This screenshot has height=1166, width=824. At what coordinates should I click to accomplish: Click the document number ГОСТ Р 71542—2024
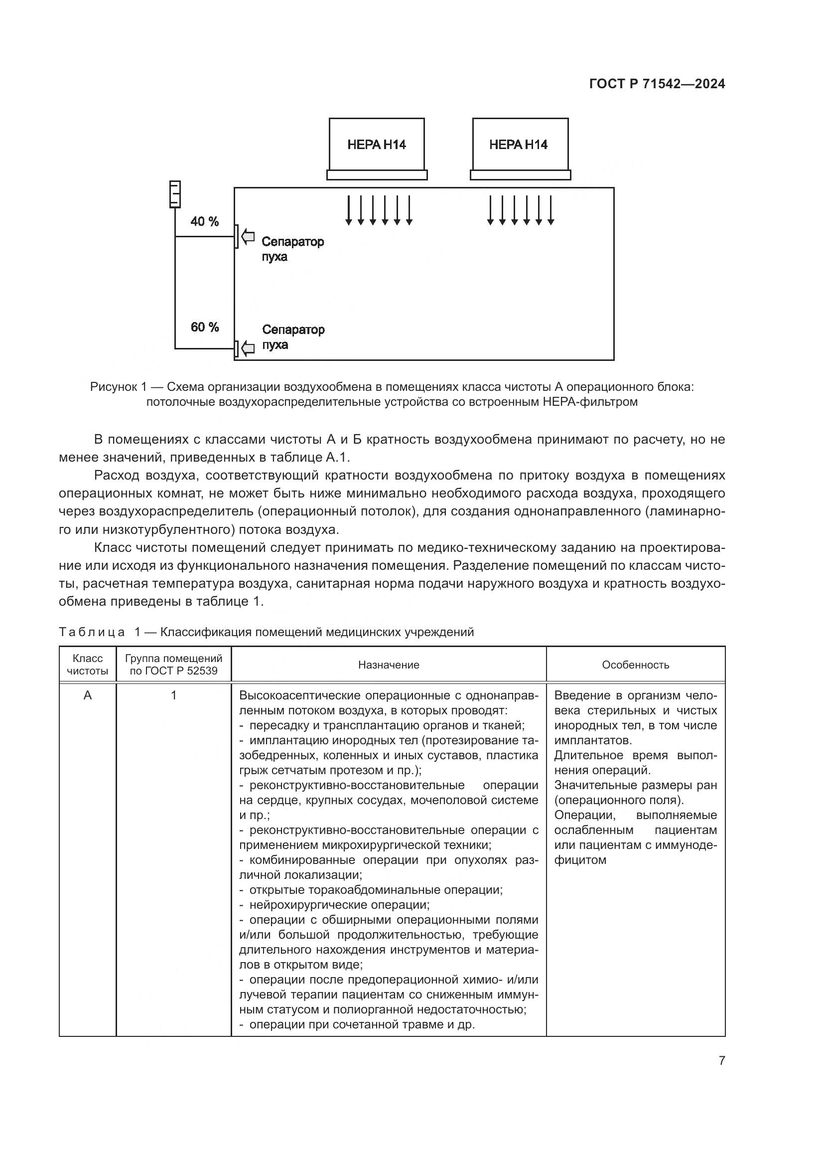click(x=657, y=84)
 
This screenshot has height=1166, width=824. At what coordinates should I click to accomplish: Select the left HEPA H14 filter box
click(x=377, y=145)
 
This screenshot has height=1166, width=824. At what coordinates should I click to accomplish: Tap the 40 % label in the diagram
click(x=204, y=221)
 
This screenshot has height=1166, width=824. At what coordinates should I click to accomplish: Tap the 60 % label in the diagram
click(x=204, y=327)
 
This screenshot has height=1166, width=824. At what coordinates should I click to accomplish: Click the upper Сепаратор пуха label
click(x=292, y=249)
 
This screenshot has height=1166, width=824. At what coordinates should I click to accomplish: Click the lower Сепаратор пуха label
click(x=293, y=337)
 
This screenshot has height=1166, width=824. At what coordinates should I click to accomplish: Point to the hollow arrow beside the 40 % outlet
click(x=248, y=236)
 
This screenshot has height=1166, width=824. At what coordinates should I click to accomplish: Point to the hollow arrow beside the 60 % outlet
click(x=248, y=348)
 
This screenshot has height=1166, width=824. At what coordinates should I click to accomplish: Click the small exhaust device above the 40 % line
click(x=174, y=194)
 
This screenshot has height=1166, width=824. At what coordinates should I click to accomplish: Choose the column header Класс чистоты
click(x=88, y=664)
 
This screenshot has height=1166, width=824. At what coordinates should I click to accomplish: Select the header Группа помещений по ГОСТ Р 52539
click(x=173, y=664)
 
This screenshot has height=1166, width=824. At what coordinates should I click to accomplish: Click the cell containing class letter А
click(x=88, y=695)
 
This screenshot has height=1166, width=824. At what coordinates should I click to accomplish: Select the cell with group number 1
click(x=173, y=695)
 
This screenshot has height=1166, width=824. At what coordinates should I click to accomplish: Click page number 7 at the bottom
click(x=721, y=1060)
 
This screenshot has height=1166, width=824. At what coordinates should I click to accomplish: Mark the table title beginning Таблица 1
click(x=266, y=632)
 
